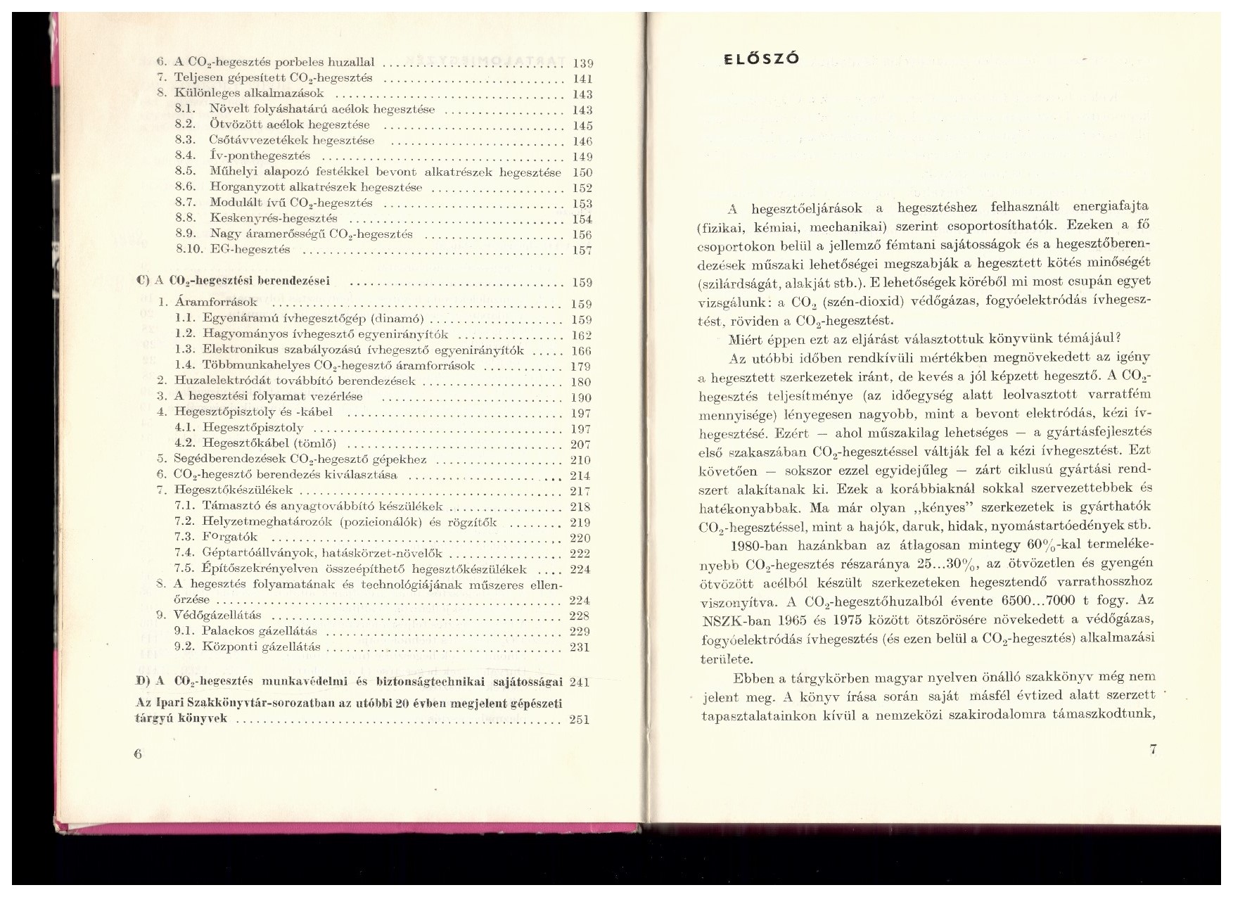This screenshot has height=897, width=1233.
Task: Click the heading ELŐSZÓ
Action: [762, 59]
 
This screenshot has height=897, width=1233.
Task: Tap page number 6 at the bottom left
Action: [137, 753]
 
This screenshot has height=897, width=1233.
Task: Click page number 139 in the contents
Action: [583, 63]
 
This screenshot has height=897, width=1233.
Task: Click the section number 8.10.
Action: [189, 249]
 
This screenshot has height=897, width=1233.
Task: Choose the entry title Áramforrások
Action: [216, 302]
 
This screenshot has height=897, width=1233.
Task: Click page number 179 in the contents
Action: [581, 366]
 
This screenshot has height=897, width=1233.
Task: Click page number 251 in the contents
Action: [580, 719]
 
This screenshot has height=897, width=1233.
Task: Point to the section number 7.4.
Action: [184, 554]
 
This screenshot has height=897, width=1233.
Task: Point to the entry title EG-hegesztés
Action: [250, 249]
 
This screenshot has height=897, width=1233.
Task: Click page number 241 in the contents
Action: [580, 682]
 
